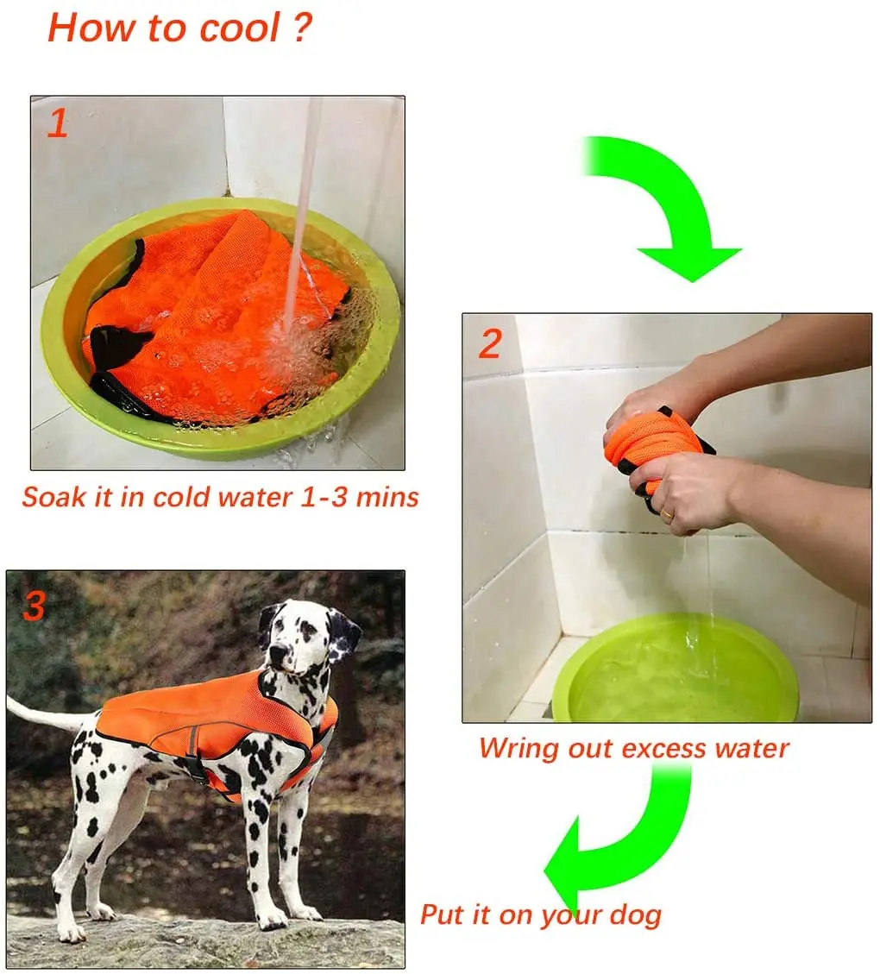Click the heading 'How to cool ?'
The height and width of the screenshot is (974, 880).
[x=179, y=28]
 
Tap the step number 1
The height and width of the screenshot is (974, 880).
[x=57, y=124]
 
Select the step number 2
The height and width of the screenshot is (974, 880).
[x=489, y=344]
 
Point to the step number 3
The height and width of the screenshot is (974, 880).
[x=34, y=606]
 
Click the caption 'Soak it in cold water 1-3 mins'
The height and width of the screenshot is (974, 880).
[x=220, y=498]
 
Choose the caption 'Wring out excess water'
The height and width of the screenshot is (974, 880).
[x=634, y=747]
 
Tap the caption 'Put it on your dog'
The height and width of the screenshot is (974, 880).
[x=541, y=914]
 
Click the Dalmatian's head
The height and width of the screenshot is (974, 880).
[x=302, y=638]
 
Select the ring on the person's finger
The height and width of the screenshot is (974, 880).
[x=666, y=514]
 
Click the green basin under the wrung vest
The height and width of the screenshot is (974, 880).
[x=673, y=673]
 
